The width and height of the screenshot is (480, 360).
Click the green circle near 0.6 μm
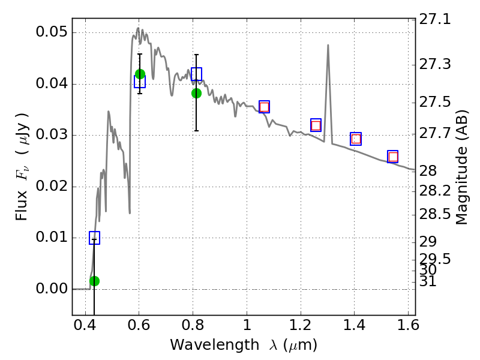click(x=140, y=74)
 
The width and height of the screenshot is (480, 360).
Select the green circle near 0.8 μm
click(x=197, y=94)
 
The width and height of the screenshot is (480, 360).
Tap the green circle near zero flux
click(x=95, y=281)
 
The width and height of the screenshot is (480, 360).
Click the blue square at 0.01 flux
click(x=95, y=238)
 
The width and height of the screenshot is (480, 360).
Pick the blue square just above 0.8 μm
click(x=197, y=74)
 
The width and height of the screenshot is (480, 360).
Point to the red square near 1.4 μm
click(x=356, y=139)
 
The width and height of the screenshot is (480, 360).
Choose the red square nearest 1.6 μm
click(x=393, y=157)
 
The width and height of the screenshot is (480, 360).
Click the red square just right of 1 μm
click(x=264, y=107)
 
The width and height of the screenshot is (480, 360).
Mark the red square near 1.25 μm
click(x=316, y=125)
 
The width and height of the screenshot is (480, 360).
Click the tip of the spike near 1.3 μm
click(x=328, y=45)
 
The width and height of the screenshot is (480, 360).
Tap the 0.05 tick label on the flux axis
click(x=52, y=32)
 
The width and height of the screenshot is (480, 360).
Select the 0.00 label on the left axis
click(x=52, y=289)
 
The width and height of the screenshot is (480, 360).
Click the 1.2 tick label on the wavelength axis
click(x=301, y=325)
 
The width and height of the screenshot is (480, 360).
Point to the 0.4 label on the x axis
click(x=85, y=325)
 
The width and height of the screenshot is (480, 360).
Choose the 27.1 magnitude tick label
click(x=435, y=20)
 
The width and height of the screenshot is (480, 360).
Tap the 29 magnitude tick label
click(x=428, y=242)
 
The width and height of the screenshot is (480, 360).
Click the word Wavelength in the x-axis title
click(x=215, y=345)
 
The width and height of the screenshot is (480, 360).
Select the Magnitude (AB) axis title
click(x=462, y=167)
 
